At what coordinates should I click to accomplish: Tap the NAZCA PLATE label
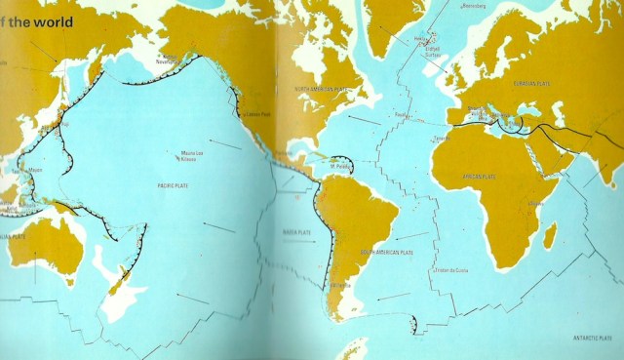(x=295, y=233)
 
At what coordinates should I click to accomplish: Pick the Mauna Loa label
(x=192, y=152)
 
